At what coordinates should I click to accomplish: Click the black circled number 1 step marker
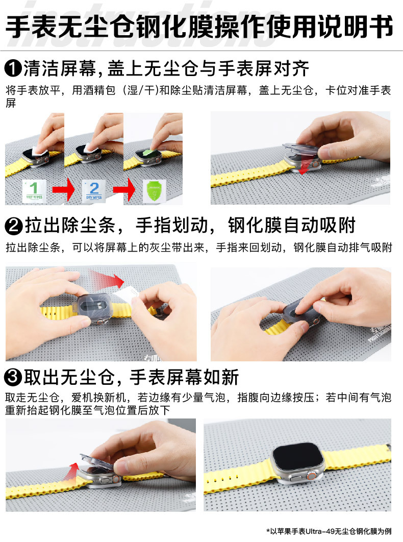13,68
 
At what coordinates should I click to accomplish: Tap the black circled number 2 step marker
13,226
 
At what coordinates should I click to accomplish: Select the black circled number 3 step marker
13,378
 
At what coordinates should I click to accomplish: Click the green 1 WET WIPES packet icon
35,190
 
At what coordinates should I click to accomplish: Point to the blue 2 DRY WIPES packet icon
93,190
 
